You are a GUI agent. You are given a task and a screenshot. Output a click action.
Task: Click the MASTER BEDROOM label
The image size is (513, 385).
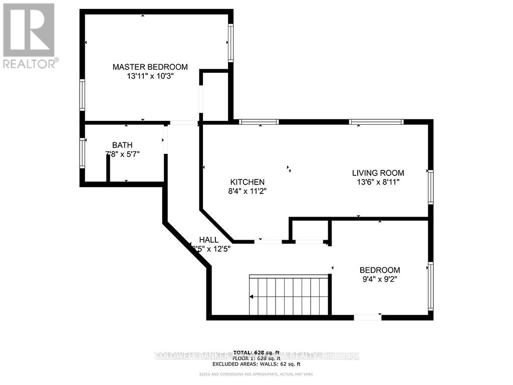click(150, 67)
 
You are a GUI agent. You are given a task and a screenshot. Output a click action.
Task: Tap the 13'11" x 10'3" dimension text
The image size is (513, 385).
click(150, 76)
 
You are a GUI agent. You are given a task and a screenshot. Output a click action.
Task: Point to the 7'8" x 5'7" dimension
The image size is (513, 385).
click(122, 154)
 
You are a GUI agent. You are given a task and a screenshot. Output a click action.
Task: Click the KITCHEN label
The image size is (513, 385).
click(247, 181)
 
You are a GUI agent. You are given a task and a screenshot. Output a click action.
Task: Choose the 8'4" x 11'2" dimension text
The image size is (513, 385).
click(247, 191)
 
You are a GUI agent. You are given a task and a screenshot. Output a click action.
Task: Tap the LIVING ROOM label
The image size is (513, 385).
click(378, 173)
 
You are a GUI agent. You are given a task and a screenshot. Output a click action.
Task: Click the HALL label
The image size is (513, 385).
click(208, 240)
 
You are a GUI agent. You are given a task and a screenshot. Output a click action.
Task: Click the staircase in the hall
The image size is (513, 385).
click(289, 295)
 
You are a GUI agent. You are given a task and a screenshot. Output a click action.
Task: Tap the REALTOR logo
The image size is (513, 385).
click(29, 36)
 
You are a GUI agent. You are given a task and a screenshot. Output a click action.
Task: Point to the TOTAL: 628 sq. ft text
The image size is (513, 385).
click(256, 352)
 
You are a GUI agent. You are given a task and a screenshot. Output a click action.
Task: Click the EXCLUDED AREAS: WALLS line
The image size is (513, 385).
click(256, 364)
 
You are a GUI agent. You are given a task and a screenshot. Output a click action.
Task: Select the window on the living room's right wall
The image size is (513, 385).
click(430, 187)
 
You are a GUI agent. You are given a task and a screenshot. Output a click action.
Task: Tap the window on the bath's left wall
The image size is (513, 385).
click(82, 153)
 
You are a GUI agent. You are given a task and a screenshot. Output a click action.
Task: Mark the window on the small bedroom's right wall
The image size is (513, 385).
click(430, 285)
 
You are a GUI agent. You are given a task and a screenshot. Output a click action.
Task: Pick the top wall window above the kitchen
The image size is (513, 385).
click(259, 121)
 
